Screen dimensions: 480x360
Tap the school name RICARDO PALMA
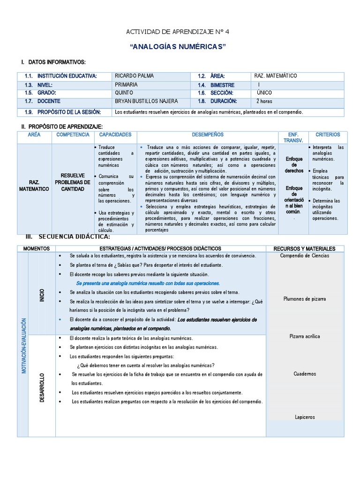[134, 76]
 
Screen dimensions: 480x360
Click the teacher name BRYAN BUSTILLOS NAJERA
[147, 101]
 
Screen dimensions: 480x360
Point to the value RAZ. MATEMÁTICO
[275, 76]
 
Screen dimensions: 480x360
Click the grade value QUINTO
[124, 93]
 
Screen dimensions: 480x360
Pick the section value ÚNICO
[264, 93]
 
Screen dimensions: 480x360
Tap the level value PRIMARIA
[126, 84]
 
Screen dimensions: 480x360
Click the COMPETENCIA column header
[73, 135]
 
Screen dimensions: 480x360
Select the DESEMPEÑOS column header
[208, 135]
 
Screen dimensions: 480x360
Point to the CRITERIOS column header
[328, 135]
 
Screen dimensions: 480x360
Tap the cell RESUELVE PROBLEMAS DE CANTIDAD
[72, 182]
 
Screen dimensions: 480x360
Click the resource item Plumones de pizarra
[305, 299]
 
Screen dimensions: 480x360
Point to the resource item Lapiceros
[305, 417]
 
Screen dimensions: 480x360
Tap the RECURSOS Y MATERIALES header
[305, 248]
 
